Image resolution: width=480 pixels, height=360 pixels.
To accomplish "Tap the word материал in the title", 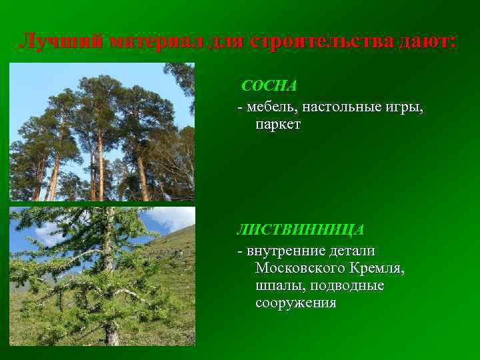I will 155,41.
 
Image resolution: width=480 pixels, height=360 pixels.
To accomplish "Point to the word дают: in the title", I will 423,41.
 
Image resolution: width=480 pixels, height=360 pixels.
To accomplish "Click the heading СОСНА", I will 269,86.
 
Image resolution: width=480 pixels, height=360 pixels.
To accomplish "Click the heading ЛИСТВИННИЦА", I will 301,229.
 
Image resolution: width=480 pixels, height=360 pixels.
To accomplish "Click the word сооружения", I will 295,303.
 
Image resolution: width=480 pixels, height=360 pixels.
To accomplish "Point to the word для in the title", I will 226,41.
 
